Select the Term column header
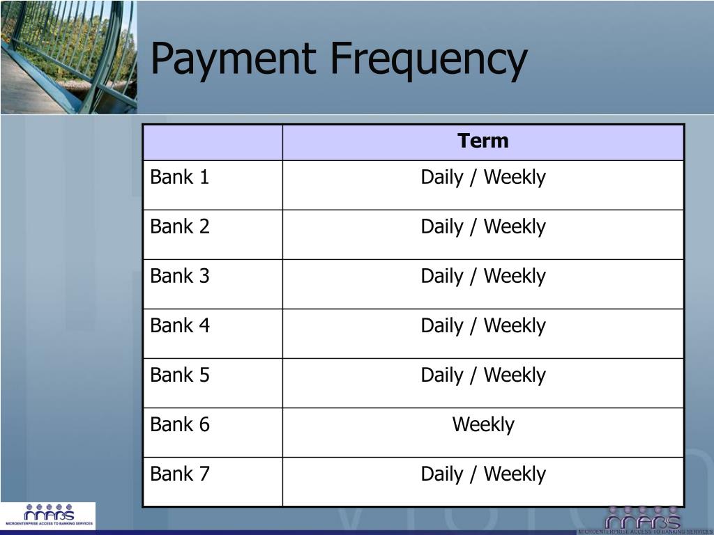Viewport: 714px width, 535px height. [483, 141]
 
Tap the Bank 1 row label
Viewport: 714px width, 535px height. [180, 178]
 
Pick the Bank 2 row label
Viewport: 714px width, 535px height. [180, 227]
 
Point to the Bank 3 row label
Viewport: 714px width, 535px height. [180, 277]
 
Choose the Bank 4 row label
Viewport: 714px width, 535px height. [180, 326]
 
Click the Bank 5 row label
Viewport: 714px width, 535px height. [180, 375]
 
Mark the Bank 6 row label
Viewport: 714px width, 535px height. [180, 425]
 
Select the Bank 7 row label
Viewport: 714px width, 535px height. [180, 474]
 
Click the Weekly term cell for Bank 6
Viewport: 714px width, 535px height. [483, 425]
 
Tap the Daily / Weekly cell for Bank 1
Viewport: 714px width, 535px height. [483, 178]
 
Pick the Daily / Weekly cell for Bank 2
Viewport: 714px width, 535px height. [483, 227]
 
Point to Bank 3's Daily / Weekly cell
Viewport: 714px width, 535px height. [483, 277]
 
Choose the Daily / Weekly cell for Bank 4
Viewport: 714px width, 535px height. [483, 326]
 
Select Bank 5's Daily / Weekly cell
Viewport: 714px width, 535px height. [483, 375]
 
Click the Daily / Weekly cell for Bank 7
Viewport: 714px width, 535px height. [483, 474]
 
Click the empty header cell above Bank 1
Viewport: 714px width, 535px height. [213, 142]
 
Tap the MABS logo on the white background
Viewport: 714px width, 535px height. [48, 515]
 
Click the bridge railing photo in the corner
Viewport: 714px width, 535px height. [68, 56]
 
